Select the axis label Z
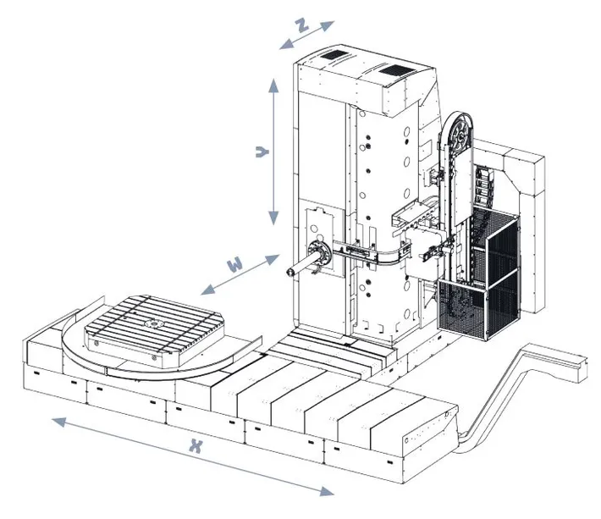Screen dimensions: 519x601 [x=300, y=25]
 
